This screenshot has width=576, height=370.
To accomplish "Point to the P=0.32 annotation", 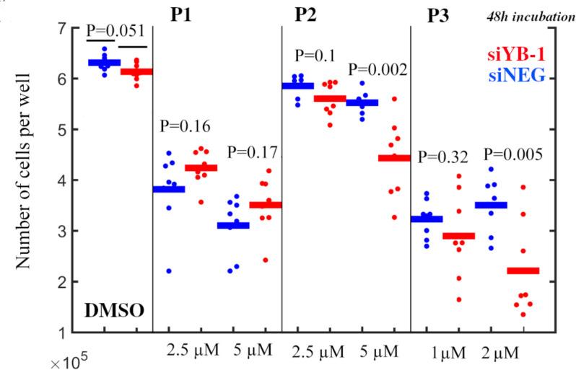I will click(x=443, y=155).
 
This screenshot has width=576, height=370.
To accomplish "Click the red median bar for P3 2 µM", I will click(x=523, y=270).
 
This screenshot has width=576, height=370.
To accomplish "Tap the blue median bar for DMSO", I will click(x=104, y=63).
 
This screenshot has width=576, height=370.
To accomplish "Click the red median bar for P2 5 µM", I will click(x=393, y=158).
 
